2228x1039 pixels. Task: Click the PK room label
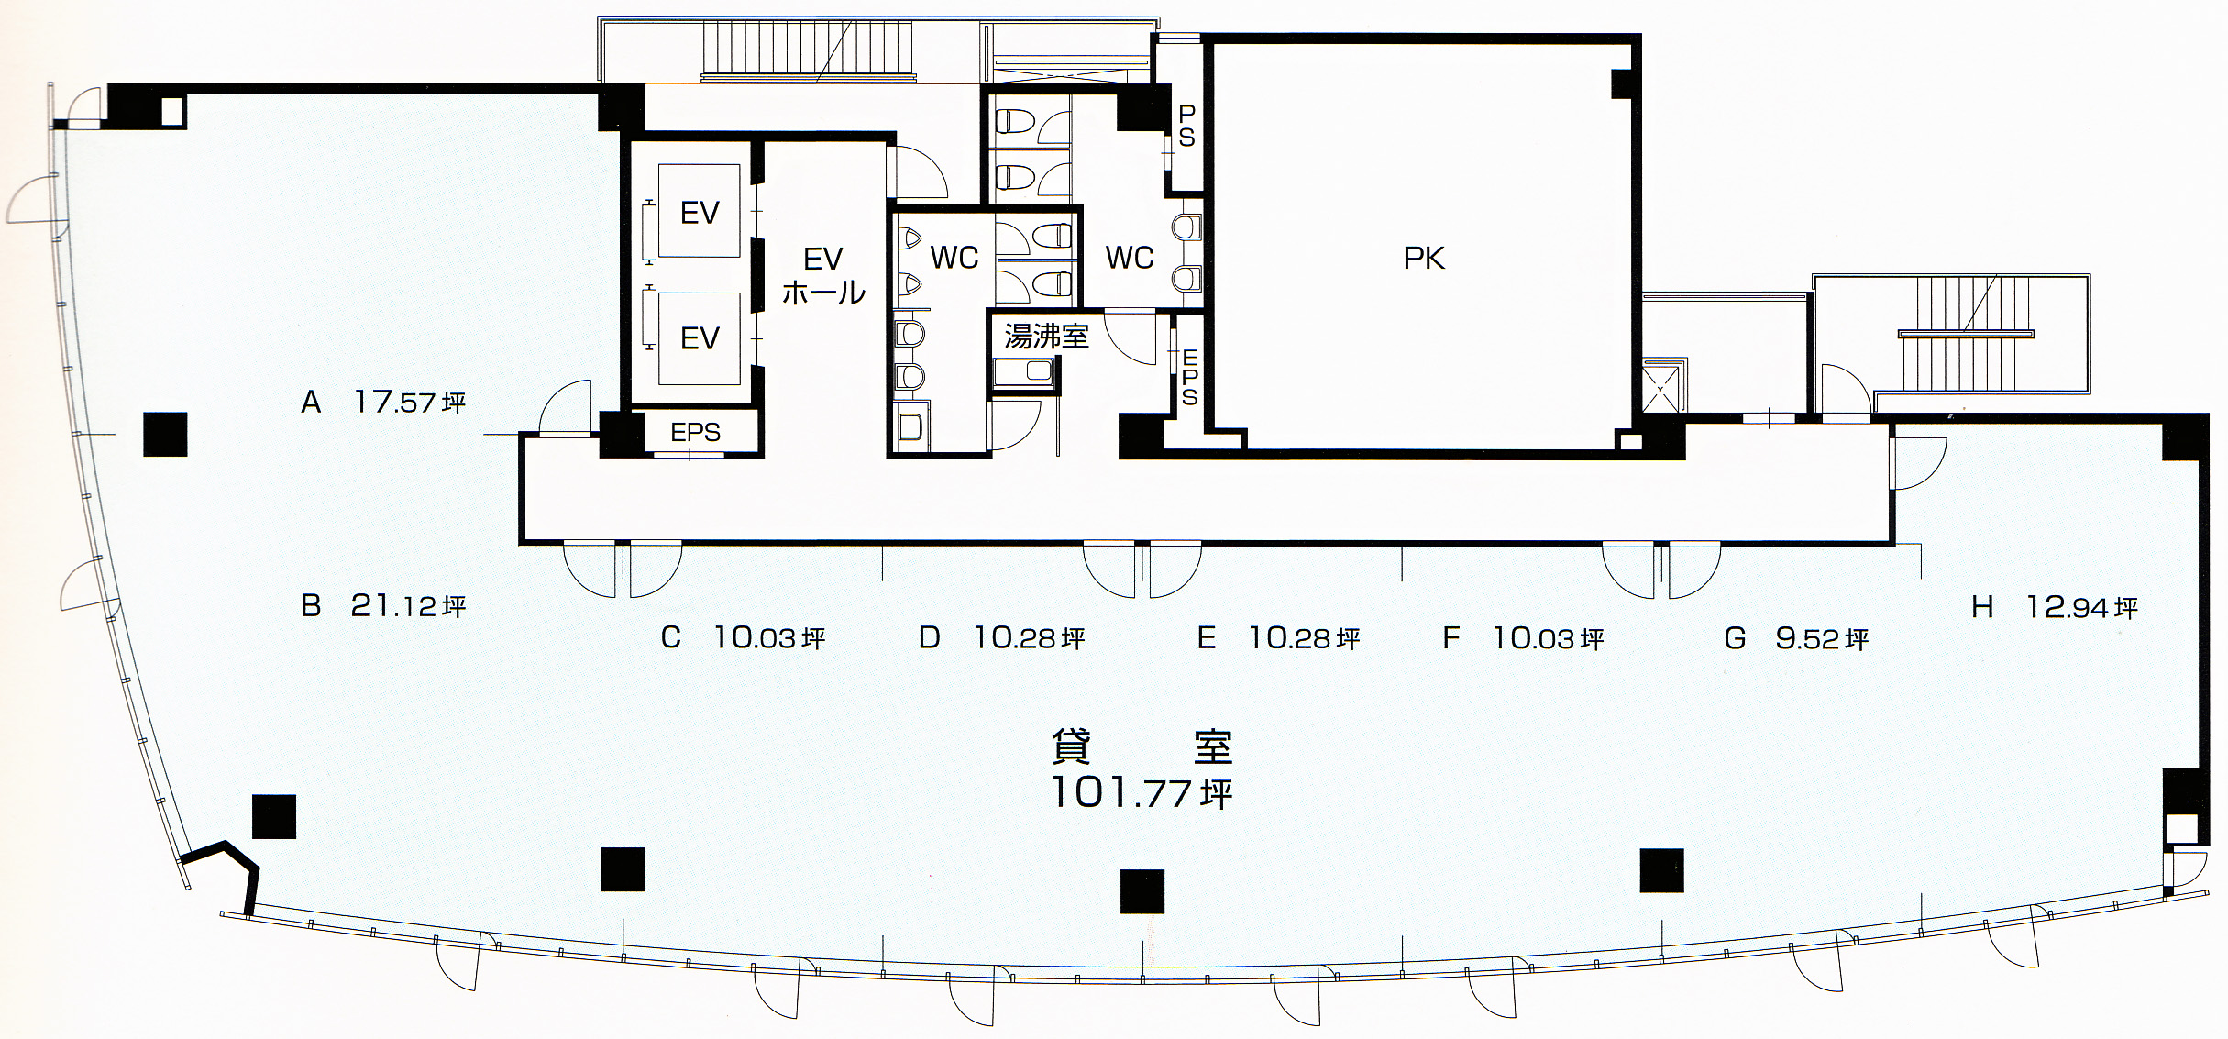tap(1423, 259)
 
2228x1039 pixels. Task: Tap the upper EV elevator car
tap(699, 212)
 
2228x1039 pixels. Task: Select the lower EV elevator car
tap(699, 338)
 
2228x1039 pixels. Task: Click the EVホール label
tap(823, 275)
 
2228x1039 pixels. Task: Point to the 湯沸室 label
tap(1046, 337)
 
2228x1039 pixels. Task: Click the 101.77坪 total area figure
tap(1141, 793)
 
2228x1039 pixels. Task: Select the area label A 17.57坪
tap(383, 402)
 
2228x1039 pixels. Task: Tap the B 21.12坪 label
tap(383, 605)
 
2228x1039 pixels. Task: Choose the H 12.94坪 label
tap(2055, 606)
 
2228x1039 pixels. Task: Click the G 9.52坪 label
tap(1796, 637)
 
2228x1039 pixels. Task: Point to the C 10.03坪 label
tap(743, 637)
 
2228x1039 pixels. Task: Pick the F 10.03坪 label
tap(1523, 637)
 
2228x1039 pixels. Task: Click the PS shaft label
tap(1186, 126)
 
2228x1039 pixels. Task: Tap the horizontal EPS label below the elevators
tap(695, 432)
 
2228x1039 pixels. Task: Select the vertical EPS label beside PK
tap(1189, 377)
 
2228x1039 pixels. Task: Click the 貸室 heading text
tap(1141, 746)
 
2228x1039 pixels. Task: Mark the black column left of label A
tap(165, 435)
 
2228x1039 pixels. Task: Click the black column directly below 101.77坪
tap(1142, 892)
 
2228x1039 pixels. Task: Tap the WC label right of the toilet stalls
tap(1130, 258)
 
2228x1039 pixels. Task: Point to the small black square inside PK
tap(1622, 83)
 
